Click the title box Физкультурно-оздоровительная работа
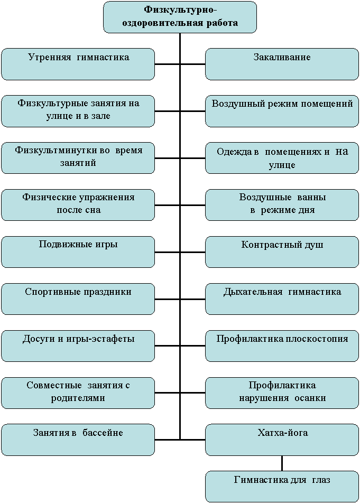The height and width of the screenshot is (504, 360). (x=180, y=17)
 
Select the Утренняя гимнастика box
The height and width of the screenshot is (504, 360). (x=78, y=64)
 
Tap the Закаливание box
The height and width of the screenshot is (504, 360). (x=282, y=64)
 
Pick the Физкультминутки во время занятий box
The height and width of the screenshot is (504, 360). (x=78, y=158)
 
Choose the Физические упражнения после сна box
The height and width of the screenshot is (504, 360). (x=78, y=205)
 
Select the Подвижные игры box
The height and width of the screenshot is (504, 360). (x=78, y=252)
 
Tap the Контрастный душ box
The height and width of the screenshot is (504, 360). (x=282, y=252)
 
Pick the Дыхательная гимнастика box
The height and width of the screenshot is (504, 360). (x=282, y=299)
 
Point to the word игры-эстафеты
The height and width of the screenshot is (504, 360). (x=104, y=339)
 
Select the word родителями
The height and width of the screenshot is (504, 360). (x=78, y=398)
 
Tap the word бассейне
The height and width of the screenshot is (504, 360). (x=103, y=433)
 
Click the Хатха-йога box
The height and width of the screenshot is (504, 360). (x=282, y=440)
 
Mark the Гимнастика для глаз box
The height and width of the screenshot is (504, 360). (x=282, y=487)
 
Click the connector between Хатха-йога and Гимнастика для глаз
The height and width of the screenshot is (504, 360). (x=282, y=463)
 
